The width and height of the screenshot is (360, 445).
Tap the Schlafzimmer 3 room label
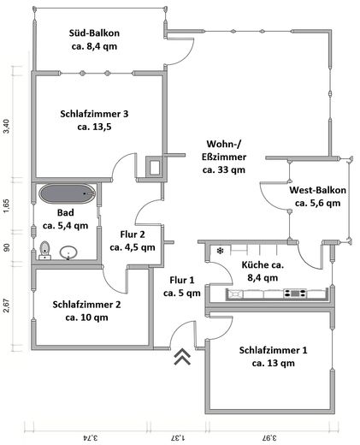coord(95,120)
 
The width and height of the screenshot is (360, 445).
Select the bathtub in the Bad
coord(65,193)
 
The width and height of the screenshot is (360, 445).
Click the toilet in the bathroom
coord(45,250)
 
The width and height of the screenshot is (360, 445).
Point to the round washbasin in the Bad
coord(69,252)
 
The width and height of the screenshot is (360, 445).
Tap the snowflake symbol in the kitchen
coord(221,252)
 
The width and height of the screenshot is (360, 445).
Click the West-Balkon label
coord(316,197)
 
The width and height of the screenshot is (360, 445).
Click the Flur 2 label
coord(133,240)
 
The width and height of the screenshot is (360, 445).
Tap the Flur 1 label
coord(181,286)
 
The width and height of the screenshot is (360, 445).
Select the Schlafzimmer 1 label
coord(274,356)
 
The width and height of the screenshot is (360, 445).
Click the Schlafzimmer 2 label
coord(87,310)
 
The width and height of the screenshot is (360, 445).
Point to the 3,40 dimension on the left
coord(7,126)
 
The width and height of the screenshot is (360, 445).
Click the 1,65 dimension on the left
coord(7,205)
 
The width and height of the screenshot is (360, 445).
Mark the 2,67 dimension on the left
coord(7,306)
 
